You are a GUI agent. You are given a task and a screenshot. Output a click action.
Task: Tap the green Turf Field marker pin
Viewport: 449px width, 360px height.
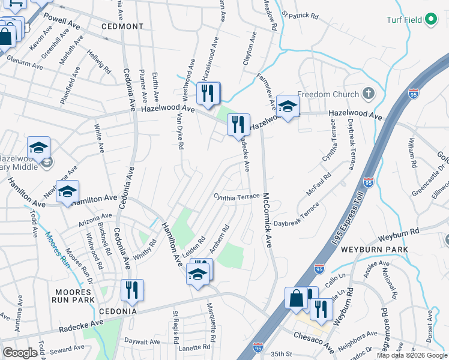430,20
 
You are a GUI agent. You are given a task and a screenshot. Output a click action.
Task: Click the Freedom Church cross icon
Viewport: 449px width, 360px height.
368,94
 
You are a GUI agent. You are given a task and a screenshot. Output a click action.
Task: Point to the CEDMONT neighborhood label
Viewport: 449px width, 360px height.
122,26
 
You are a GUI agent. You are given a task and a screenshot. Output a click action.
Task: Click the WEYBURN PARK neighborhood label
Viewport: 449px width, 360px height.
375,249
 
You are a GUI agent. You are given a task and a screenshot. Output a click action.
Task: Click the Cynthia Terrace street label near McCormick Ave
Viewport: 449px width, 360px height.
237,197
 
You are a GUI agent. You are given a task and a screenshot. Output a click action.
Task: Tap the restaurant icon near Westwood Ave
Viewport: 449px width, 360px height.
208,94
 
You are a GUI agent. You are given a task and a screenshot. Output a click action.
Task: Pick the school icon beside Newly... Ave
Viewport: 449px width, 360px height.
67,191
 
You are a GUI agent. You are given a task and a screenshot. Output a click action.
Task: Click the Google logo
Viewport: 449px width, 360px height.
20,353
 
